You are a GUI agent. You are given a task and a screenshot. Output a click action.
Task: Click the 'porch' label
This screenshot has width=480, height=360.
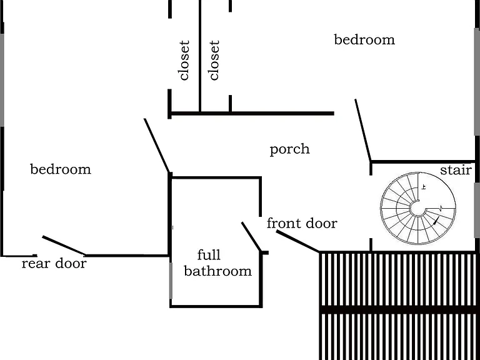[289, 150]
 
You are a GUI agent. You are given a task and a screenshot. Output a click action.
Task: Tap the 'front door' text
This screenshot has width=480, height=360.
[302, 223]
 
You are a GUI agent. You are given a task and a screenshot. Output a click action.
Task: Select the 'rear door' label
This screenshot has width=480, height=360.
[54, 263]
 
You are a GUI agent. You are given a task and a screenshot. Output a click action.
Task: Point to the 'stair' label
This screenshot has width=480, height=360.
[456, 170]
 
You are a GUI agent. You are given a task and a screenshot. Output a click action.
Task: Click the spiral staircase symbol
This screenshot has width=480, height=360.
[418, 208]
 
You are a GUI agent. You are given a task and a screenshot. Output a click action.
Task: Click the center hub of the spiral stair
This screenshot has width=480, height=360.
[418, 209]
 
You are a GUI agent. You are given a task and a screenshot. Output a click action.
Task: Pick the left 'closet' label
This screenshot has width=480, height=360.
[184, 60]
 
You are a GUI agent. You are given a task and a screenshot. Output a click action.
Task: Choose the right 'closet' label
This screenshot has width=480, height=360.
[214, 60]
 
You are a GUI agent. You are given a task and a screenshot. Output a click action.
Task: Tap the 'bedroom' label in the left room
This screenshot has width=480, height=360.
[61, 169]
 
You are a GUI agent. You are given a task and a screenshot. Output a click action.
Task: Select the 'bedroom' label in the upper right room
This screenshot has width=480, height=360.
[364, 39]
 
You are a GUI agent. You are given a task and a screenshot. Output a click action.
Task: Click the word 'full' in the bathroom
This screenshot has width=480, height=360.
[209, 255]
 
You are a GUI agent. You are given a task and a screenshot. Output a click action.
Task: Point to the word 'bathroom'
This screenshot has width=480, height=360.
[217, 271]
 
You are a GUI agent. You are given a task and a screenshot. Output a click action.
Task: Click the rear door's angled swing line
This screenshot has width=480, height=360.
[64, 246]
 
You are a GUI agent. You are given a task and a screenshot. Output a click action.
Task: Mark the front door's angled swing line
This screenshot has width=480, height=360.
[298, 241]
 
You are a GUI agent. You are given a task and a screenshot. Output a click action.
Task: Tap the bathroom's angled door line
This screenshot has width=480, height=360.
[252, 237]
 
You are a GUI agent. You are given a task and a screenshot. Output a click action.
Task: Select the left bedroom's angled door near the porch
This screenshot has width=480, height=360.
[157, 146]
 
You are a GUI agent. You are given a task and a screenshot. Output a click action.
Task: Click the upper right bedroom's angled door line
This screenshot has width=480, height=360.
[363, 130]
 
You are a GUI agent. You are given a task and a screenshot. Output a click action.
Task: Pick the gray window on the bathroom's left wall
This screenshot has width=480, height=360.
[171, 281]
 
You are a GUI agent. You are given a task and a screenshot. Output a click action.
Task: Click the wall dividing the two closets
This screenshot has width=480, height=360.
[200, 56]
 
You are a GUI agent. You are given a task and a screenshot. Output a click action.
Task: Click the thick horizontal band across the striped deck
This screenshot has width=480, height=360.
[399, 309]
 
